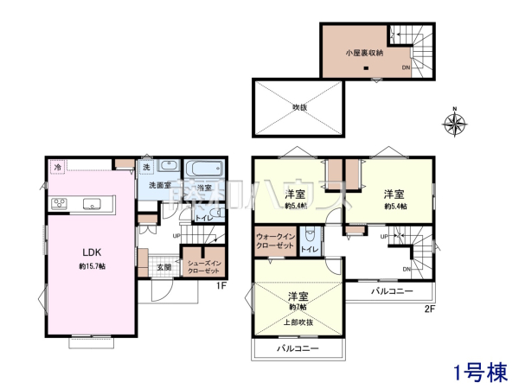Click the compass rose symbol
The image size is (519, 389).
(x=455, y=121)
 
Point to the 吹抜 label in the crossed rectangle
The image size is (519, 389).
(x=299, y=107)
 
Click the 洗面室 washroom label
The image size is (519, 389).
(x=157, y=187)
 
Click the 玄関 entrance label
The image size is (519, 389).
(x=164, y=267)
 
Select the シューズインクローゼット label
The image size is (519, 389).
(x=202, y=262)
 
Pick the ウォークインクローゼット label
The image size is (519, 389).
(x=276, y=240)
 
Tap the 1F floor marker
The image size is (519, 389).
(x=221, y=286)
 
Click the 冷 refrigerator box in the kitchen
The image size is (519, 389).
(x=58, y=167)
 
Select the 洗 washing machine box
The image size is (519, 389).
(x=146, y=166)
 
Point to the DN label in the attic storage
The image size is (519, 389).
(x=406, y=68)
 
